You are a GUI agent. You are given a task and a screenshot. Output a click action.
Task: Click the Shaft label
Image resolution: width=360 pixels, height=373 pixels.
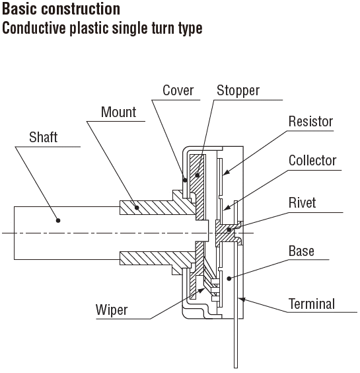pos(43,138)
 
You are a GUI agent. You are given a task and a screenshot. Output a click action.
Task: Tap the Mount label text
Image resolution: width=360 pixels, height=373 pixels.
pos(119,112)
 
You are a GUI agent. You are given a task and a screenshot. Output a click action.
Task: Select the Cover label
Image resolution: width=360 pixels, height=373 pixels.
pos(178,91)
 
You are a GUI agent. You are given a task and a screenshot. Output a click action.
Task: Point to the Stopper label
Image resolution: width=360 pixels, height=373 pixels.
pos(238,91)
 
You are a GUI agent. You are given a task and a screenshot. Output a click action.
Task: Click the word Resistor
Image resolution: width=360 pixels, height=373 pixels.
pos(311,121)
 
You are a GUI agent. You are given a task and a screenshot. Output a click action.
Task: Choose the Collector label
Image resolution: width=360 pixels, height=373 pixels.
pos(312,160)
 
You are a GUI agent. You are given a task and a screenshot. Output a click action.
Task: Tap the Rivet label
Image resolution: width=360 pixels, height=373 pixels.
pos(303,202)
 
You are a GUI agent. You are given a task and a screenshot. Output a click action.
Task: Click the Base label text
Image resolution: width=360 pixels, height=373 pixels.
pos(301,251)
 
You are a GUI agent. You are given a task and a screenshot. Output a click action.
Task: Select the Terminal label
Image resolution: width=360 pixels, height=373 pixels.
pos(312,304)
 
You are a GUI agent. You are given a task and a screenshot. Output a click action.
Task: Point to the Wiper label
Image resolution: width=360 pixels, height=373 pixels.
pos(112,310)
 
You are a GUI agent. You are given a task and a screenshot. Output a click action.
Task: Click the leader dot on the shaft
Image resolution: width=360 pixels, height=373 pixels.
pos(58,220)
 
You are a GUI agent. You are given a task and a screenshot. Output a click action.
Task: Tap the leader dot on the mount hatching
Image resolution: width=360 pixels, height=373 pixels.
pos(137,208)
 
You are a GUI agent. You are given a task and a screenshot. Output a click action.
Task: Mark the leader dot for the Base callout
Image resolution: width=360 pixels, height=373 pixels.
pos(229,278)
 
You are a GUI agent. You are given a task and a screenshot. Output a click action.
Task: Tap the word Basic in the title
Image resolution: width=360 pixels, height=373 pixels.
pos(19,9)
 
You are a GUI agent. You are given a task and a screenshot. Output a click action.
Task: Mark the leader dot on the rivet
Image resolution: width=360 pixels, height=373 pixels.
pos(229,229)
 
